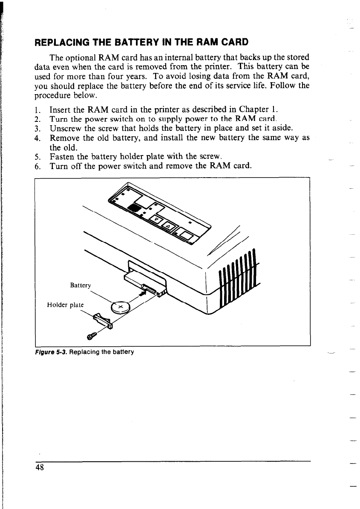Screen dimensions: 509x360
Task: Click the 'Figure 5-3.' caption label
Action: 49,352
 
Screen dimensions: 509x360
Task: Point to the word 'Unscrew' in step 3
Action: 64,128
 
